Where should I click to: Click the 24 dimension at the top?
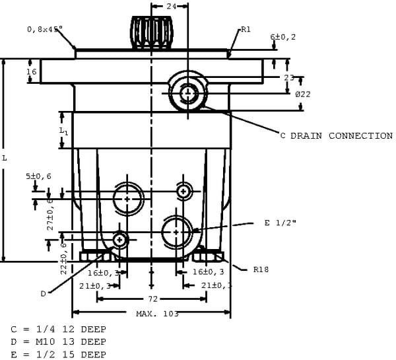point(170,5)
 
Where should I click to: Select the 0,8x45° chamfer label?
point(45,29)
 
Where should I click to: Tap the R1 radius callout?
point(246,29)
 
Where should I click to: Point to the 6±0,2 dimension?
point(282,37)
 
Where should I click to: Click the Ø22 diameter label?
point(303,94)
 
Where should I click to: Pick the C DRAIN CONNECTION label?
point(336,135)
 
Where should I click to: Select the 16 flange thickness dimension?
point(31,71)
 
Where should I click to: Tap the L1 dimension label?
point(63,131)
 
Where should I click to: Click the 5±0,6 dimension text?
point(39,177)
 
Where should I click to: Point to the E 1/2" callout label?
point(280,223)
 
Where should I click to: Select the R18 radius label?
point(260,270)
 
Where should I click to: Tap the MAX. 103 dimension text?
point(157,314)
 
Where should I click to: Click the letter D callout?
point(43,293)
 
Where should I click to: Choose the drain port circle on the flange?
point(188,92)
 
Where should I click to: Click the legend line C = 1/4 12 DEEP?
point(58,328)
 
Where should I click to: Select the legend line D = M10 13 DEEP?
point(58,342)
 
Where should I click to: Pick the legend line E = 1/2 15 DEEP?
point(58,355)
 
